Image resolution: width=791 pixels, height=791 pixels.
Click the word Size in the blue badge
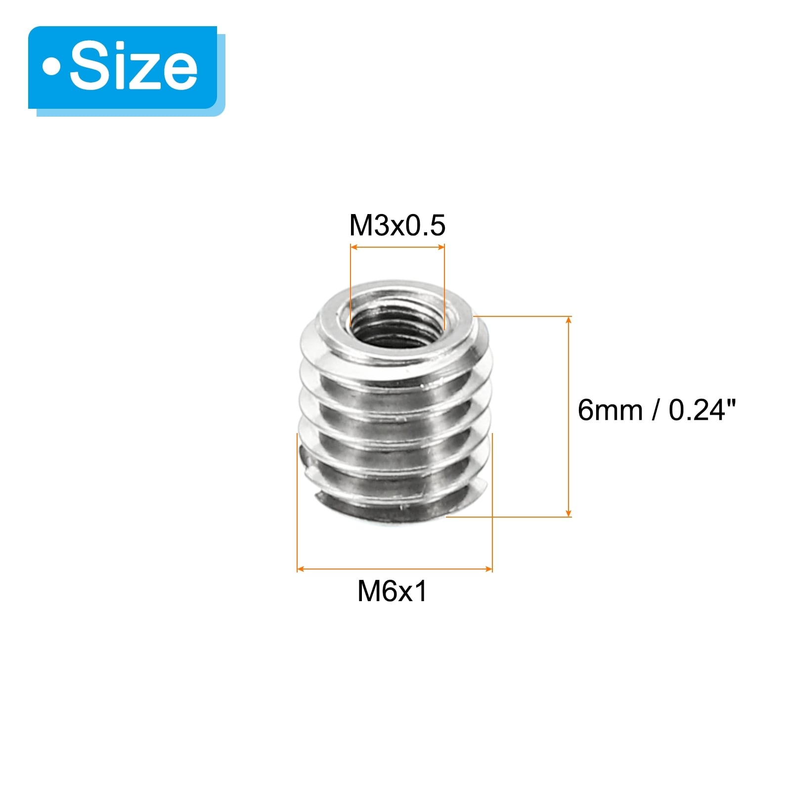(x=133, y=67)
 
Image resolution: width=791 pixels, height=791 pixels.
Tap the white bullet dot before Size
(x=51, y=67)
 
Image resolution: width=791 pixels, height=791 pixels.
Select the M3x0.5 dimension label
(x=397, y=225)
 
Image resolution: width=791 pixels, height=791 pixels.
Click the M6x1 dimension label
(x=392, y=591)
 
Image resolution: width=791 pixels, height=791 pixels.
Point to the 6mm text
(x=610, y=410)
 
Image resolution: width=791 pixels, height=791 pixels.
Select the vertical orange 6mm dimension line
(x=569, y=417)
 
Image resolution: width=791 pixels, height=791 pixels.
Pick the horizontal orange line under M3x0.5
(x=397, y=247)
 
